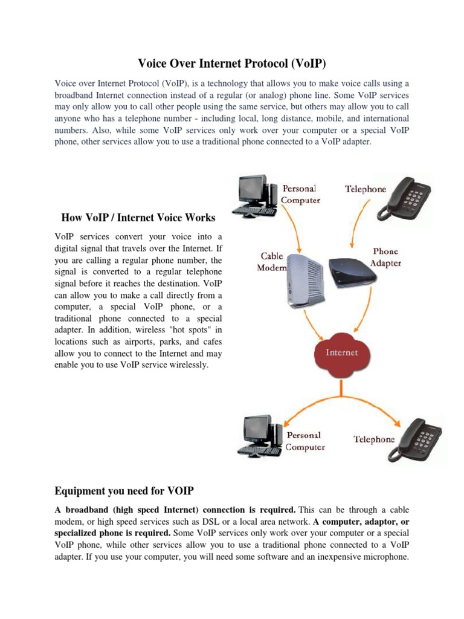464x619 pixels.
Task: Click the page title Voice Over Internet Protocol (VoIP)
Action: pos(232,63)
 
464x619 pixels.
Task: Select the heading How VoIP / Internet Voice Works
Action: pos(138,218)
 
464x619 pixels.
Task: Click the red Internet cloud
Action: pos(342,353)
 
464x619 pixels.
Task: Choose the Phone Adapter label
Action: pos(385,257)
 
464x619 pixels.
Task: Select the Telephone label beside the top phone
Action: pos(365,189)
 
